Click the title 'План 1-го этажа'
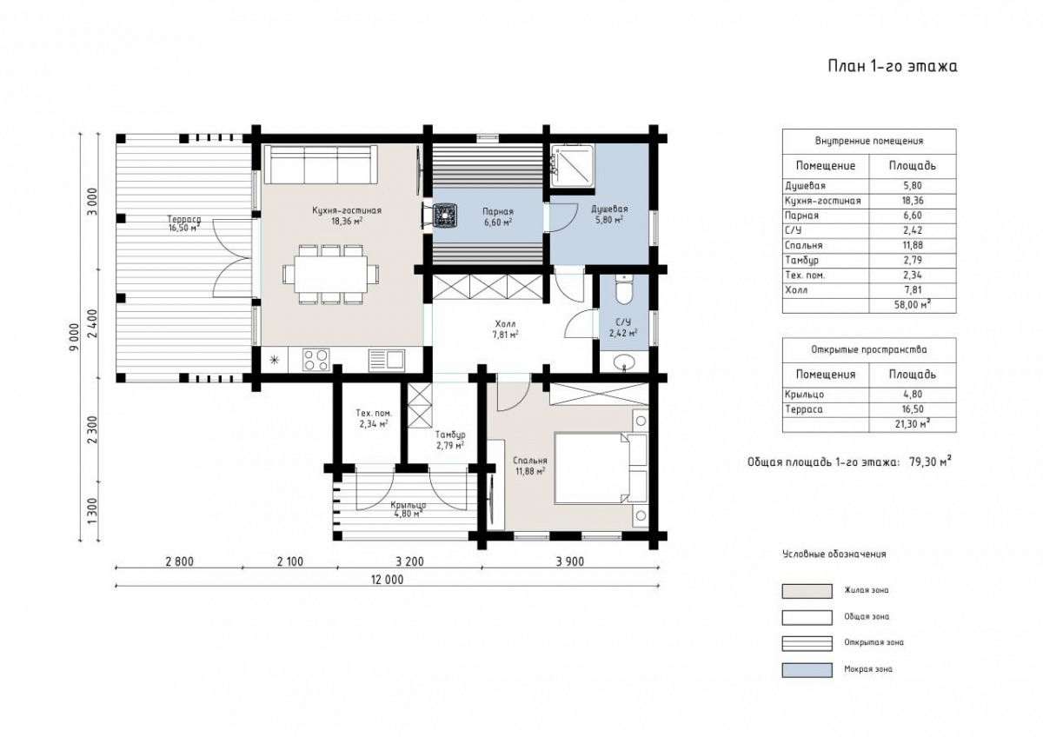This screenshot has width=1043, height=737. [x=893, y=66]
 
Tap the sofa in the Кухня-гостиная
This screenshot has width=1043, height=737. [x=321, y=164]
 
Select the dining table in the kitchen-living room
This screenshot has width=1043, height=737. [x=330, y=275]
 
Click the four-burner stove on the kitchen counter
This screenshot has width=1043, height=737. [x=316, y=360]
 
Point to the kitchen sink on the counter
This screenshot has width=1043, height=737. [x=387, y=360]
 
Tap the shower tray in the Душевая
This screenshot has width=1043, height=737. [x=572, y=166]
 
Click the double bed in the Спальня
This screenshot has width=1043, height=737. [x=601, y=468]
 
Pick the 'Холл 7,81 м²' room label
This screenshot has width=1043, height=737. [x=505, y=329]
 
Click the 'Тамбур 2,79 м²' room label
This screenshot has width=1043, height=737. [x=450, y=440]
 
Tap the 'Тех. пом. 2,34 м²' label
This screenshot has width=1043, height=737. [x=374, y=418]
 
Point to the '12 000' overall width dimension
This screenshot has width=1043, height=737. [x=387, y=580]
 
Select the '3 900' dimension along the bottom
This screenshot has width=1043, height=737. [x=570, y=561]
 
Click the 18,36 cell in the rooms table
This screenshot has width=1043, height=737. [x=912, y=201]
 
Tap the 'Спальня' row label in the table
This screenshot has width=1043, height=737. [x=804, y=245]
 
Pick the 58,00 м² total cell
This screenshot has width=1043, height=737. [x=912, y=305]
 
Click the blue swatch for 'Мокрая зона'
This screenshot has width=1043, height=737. [x=807, y=670]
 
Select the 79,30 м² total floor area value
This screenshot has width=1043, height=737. [x=930, y=461]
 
